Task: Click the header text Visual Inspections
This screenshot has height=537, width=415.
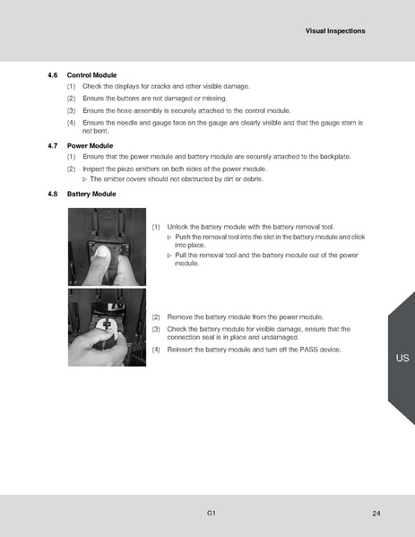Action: pyautogui.click(x=334, y=30)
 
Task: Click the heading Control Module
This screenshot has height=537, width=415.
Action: pyautogui.click(x=92, y=74)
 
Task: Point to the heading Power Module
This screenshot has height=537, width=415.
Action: pyautogui.click(x=90, y=145)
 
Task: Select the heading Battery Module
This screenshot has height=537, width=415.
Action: pyautogui.click(x=92, y=194)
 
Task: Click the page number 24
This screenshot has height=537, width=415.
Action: pyautogui.click(x=376, y=513)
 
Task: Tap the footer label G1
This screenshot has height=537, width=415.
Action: pyautogui.click(x=209, y=513)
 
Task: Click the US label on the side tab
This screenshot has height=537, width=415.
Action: pyautogui.click(x=402, y=359)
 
